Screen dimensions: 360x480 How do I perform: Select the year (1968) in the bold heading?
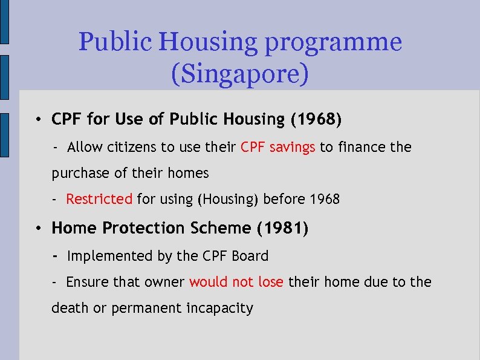[x=316, y=120]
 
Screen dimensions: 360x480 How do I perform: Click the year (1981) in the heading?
[x=282, y=228]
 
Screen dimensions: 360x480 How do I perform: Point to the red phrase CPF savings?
[x=278, y=147]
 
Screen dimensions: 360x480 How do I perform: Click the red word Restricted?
[x=99, y=198]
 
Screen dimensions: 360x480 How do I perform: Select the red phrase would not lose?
[x=236, y=282]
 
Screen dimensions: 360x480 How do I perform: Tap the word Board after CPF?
[x=249, y=256]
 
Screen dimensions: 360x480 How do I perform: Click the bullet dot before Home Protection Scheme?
[x=37, y=229]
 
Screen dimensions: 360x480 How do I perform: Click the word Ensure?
[x=88, y=282]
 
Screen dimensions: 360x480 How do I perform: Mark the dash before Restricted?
[x=54, y=198]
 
